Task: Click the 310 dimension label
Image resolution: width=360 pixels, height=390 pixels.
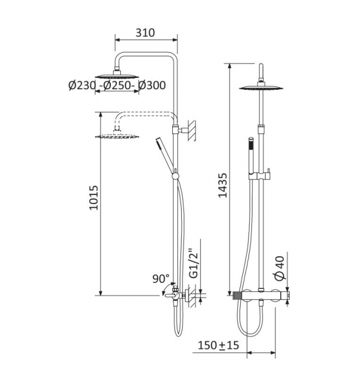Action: coord(145,33)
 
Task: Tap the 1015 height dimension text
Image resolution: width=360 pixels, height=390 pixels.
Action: coord(94,198)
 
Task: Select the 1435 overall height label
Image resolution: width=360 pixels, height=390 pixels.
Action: coord(223,185)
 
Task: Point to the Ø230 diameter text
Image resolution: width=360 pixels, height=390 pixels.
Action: coord(82,86)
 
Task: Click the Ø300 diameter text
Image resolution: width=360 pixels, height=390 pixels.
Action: coord(152,85)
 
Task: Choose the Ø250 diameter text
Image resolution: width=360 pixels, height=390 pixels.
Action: coord(117,86)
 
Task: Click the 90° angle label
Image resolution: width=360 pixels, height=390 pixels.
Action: coord(161,279)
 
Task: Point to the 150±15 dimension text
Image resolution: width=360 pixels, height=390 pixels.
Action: coord(218,345)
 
